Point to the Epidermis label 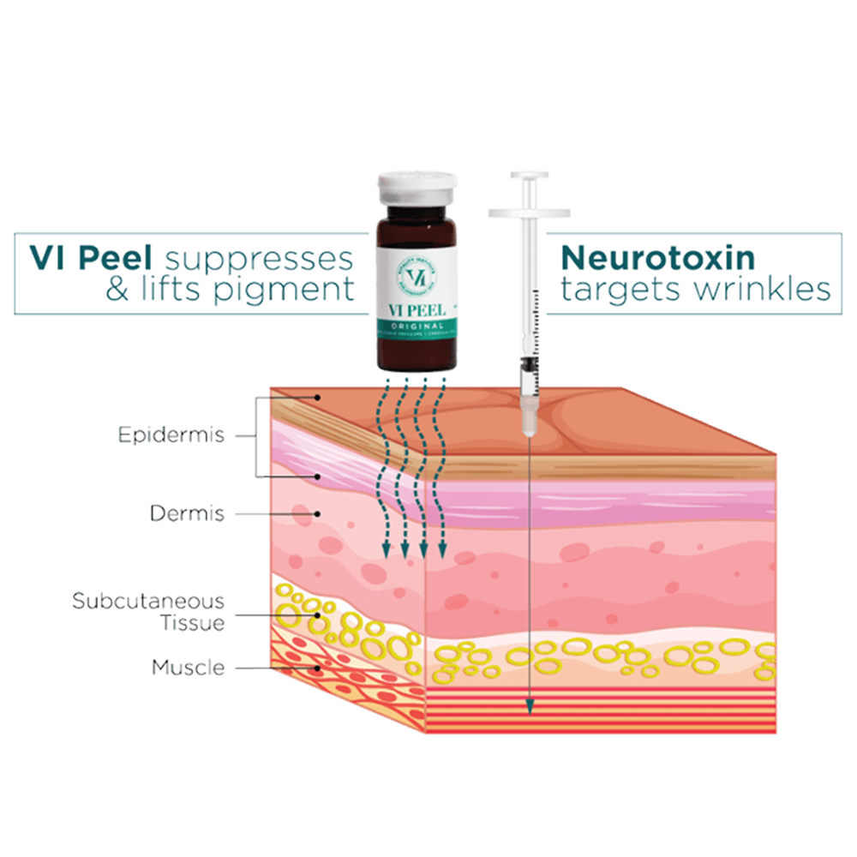point(171,434)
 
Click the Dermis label point(187,514)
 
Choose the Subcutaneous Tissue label point(148,611)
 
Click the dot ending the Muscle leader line point(319,667)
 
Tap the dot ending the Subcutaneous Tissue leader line point(319,614)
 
